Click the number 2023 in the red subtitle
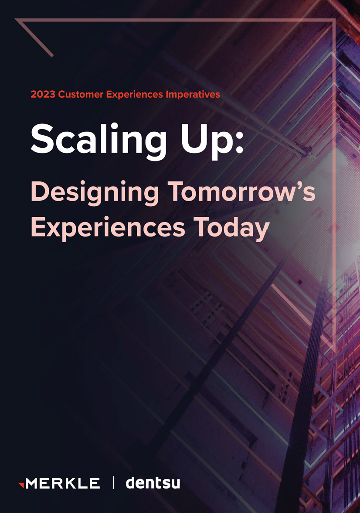coord(43,94)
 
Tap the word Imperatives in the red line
coord(193,94)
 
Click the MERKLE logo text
coord(63,483)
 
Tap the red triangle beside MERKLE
coord(21,485)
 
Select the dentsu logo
coord(153,483)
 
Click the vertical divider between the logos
coord(113,483)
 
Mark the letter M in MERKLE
coord(33,483)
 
